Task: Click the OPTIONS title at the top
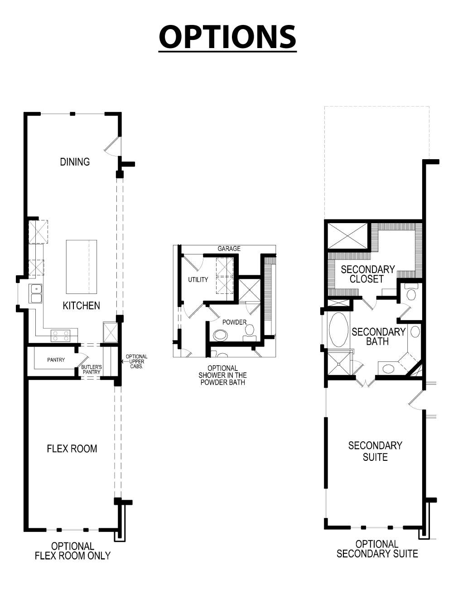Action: coord(227,37)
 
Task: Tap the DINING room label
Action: coord(75,162)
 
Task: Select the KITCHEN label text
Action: coord(81,306)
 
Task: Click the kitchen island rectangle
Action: coord(82,267)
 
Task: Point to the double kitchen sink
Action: coord(35,293)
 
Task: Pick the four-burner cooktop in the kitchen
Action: coord(60,336)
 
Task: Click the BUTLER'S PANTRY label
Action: coord(92,369)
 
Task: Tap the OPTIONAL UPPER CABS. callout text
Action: coord(136,361)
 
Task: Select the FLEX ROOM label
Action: coord(72,449)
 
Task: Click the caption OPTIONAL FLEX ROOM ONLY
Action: coord(72,551)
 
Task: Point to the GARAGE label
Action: coord(229,249)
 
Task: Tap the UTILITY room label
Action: coord(198,279)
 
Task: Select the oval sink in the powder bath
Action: coord(221,335)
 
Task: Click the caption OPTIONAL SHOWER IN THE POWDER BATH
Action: coord(222,375)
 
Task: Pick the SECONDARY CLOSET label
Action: coord(367,274)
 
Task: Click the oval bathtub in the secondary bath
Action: coord(337,329)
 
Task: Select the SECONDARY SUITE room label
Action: coord(375,451)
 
